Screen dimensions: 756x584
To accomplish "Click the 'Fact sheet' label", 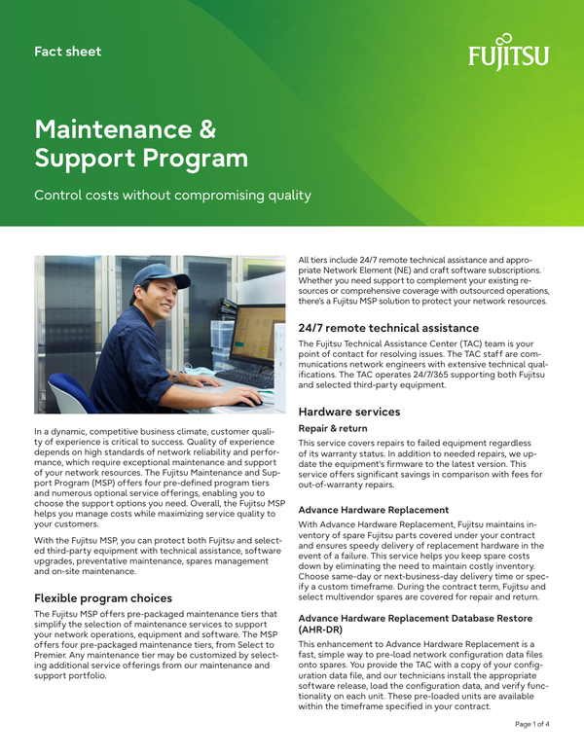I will point(67,51).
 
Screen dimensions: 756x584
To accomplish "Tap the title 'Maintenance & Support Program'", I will point(141,142).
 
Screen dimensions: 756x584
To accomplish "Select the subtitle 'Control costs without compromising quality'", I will point(172,196).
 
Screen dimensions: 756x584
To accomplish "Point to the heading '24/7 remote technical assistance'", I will point(388,327).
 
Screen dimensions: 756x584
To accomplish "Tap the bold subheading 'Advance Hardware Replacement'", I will point(374,509).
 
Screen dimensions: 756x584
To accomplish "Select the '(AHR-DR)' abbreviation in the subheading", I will point(321,630).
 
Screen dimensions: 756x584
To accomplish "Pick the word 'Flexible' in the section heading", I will point(65,597).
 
